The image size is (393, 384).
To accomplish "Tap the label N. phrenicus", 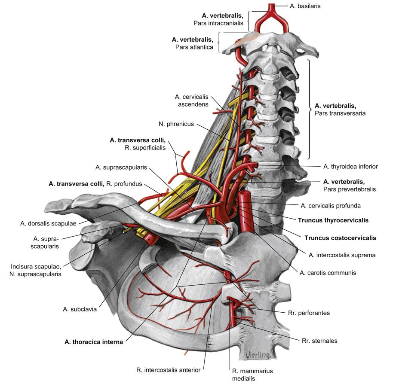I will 176,125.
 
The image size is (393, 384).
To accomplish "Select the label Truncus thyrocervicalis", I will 333,220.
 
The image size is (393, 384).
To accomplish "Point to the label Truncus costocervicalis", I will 340,238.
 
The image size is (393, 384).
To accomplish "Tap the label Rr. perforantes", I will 310,313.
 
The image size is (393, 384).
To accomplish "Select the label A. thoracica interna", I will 94,342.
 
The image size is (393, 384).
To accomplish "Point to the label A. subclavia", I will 80,308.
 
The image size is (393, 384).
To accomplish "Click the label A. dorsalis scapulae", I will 48,223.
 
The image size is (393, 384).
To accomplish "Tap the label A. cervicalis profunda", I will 331,205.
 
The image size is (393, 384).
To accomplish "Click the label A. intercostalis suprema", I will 342,255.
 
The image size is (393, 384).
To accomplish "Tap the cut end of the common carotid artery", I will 245,196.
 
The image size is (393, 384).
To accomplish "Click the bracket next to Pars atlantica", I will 220,43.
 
